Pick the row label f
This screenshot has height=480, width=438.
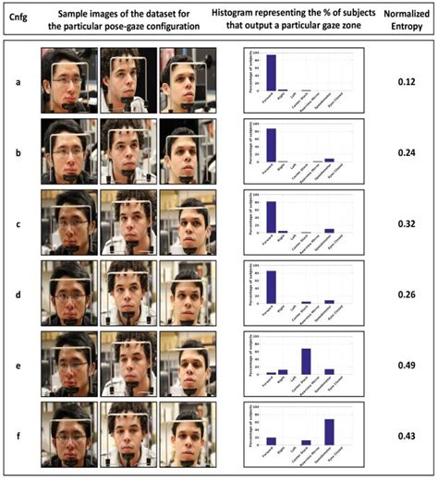18,436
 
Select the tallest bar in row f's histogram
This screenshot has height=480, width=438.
330,431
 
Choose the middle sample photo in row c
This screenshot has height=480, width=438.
128,222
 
